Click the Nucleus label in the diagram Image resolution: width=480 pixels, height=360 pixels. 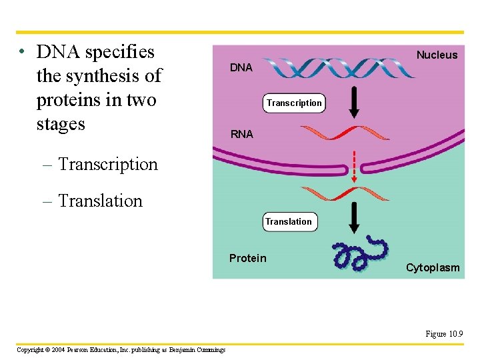[437, 55]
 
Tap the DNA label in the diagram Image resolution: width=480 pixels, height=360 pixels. [241, 67]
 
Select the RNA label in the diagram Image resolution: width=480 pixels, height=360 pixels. [241, 134]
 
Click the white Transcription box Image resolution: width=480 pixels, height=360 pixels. [294, 103]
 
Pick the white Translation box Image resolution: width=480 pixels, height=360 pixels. [289, 221]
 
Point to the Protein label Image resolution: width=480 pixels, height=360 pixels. [247, 258]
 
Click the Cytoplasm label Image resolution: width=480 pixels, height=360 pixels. [433, 267]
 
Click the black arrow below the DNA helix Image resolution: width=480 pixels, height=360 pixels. [355, 102]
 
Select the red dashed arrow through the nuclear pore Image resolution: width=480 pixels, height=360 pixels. [355, 167]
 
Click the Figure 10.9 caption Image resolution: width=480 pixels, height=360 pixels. [445, 334]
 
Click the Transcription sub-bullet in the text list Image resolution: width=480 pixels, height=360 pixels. [108, 164]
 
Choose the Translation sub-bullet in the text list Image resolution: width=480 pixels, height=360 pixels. [100, 201]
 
